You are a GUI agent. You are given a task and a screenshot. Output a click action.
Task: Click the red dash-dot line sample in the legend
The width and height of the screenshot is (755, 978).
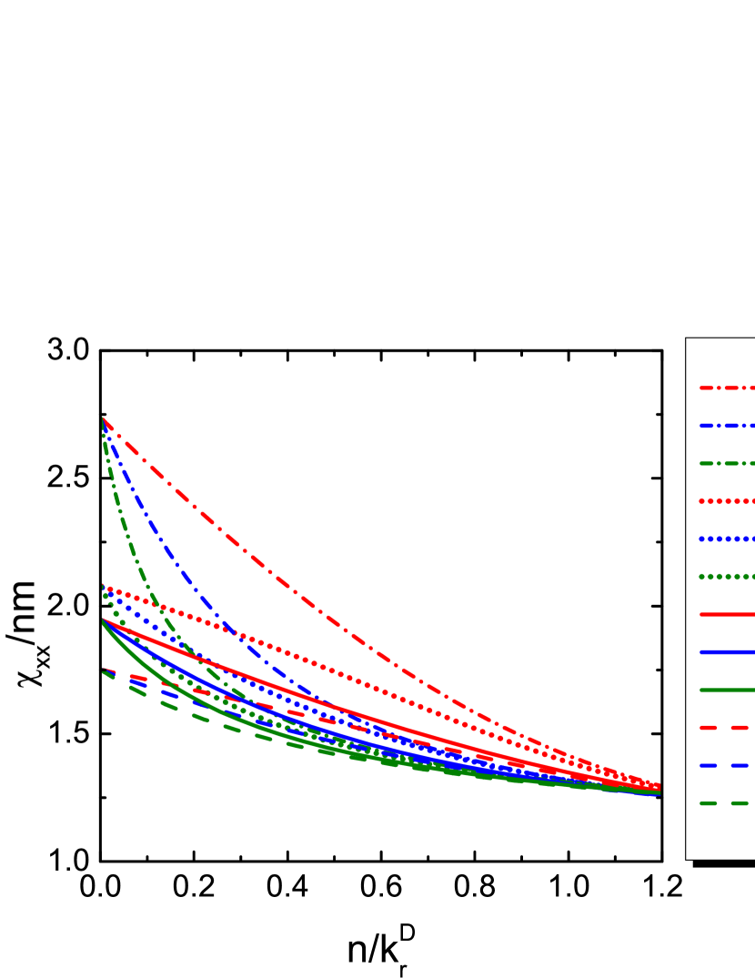tap(727, 388)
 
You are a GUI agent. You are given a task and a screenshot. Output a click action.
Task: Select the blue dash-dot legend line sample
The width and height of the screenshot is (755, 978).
tap(727, 425)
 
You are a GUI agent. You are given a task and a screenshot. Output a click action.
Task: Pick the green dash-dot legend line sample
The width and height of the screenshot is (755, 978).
tap(727, 463)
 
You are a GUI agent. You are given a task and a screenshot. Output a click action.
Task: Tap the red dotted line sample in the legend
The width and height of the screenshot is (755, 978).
tap(727, 501)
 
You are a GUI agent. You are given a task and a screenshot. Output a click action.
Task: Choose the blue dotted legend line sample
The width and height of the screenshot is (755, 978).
tap(727, 539)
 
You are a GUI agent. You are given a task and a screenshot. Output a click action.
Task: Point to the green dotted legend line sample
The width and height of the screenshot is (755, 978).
tap(727, 577)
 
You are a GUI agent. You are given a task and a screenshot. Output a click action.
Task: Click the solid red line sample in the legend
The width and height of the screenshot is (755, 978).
tap(727, 614)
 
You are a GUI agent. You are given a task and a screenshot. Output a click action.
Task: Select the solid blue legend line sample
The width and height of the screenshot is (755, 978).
tap(727, 652)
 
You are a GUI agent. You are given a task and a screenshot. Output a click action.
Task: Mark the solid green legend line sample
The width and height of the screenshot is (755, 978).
tap(727, 690)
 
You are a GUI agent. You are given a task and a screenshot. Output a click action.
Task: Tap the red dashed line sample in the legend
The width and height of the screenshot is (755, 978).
tap(727, 728)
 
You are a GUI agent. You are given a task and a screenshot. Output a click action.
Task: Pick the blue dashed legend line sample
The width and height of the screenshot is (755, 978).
tap(727, 765)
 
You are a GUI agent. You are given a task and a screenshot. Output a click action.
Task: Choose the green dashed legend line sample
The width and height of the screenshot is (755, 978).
tap(727, 803)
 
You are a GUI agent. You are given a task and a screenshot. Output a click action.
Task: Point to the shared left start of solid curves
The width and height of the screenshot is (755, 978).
tap(103, 620)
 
